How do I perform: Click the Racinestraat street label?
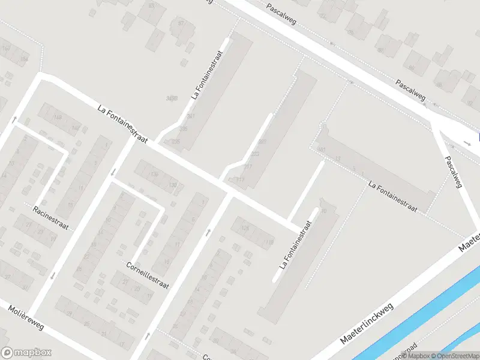(x=51, y=218)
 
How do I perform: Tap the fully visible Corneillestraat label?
(x=148, y=274)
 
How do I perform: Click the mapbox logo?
(x=26, y=353)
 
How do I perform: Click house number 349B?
(x=172, y=98)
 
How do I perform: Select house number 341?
(x=191, y=116)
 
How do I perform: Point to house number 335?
(x=183, y=128)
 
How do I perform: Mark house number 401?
(x=262, y=142)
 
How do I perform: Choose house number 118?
(x=268, y=242)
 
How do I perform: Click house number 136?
(x=154, y=175)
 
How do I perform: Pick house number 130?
(x=173, y=185)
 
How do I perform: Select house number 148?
(x=58, y=118)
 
